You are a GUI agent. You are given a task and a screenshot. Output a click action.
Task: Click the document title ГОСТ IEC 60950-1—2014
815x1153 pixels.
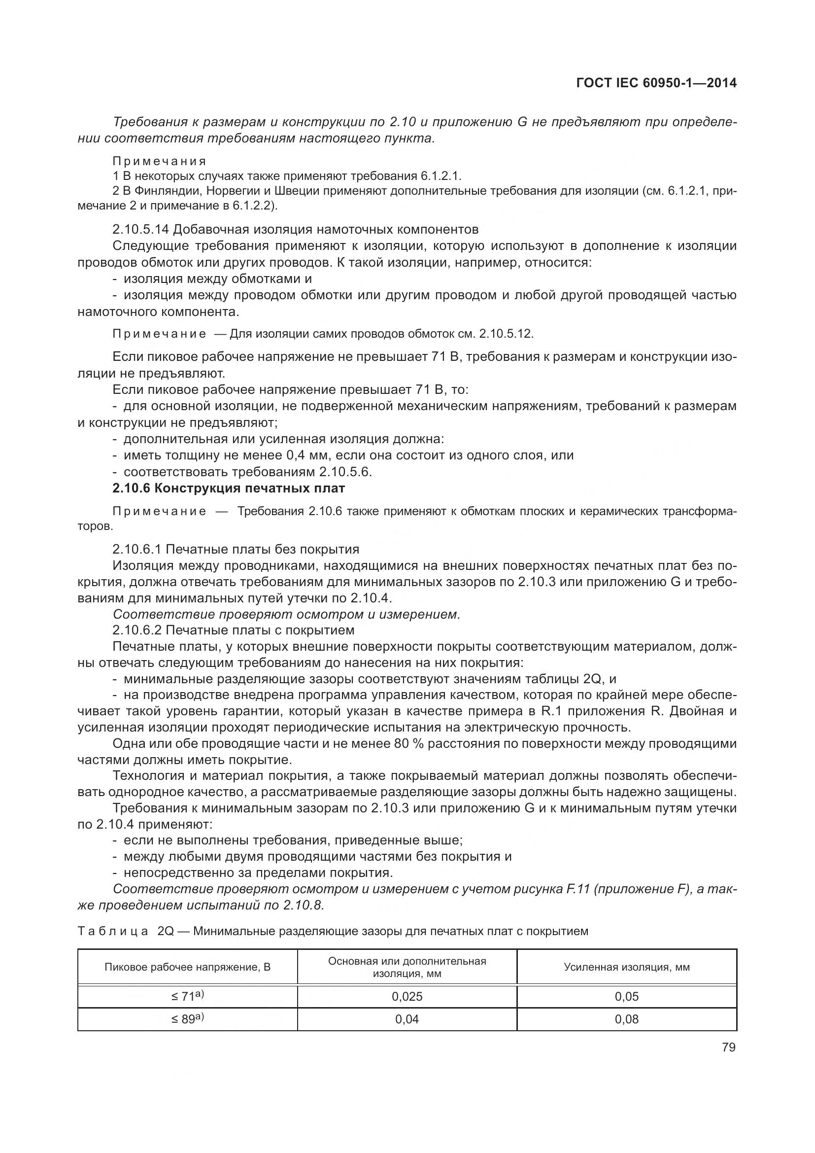click(657, 83)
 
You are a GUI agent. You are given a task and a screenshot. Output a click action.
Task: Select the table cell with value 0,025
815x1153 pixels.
click(407, 996)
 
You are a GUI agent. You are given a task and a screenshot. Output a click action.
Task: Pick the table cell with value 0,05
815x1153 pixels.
click(626, 996)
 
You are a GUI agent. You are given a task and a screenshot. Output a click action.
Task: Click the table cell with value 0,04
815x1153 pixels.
click(407, 1019)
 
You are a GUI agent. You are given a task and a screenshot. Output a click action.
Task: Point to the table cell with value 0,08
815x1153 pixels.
click(626, 1019)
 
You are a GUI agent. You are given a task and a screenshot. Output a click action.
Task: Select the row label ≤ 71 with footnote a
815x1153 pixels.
click(187, 996)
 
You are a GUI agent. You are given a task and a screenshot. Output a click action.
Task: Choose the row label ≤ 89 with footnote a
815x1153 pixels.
click(187, 1018)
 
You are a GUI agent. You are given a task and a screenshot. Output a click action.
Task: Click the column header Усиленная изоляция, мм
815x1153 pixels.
click(626, 967)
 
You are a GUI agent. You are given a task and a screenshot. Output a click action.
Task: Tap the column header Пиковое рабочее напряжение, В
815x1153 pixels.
click(187, 967)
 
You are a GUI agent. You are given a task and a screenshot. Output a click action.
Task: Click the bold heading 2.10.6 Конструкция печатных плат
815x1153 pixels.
click(229, 488)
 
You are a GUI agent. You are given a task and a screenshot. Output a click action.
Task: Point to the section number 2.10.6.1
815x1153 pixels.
click(136, 549)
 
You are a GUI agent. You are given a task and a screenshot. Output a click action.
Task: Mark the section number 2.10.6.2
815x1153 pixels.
click(136, 629)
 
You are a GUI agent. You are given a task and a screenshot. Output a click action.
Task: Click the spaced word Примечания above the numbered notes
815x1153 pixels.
click(159, 161)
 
